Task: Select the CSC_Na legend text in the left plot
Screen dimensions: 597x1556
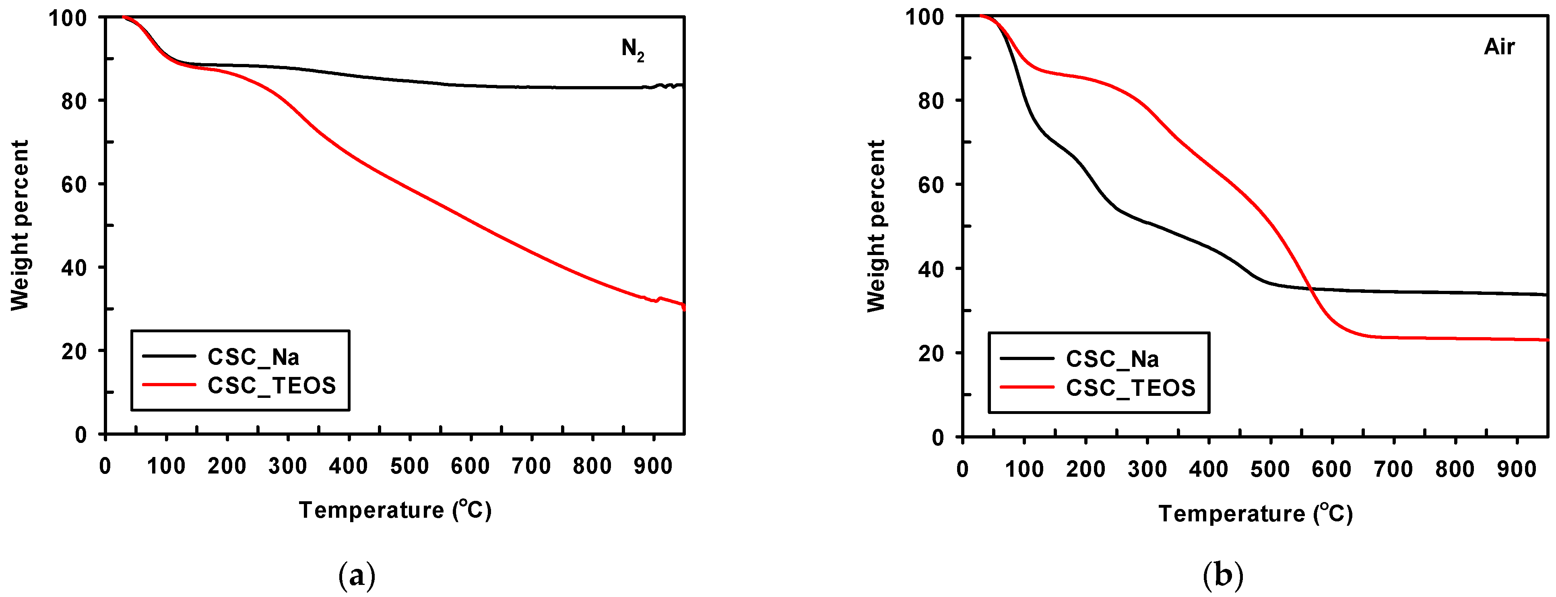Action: coord(253,357)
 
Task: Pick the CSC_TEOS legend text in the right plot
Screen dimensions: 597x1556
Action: coord(1130,387)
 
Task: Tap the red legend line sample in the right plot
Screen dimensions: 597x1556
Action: coord(1026,387)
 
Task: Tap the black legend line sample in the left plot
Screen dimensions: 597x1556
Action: coord(169,356)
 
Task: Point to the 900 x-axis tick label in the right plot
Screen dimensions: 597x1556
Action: coord(1516,469)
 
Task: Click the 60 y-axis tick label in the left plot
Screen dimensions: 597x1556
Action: coord(75,184)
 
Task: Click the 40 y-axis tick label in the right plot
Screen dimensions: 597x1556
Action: coord(931,269)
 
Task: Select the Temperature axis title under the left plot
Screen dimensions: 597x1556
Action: coord(395,510)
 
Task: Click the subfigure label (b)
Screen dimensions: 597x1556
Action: coord(1223,575)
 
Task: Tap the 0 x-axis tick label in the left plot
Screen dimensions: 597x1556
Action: coord(105,466)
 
